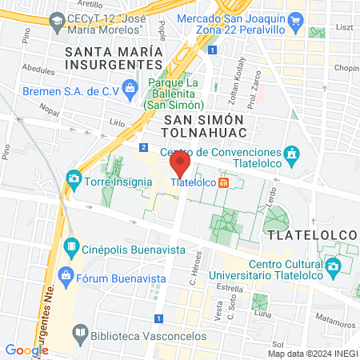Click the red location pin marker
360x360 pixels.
180,166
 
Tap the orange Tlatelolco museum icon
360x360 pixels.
224,182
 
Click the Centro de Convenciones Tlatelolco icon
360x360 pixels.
293,152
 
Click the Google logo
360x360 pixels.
26,350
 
